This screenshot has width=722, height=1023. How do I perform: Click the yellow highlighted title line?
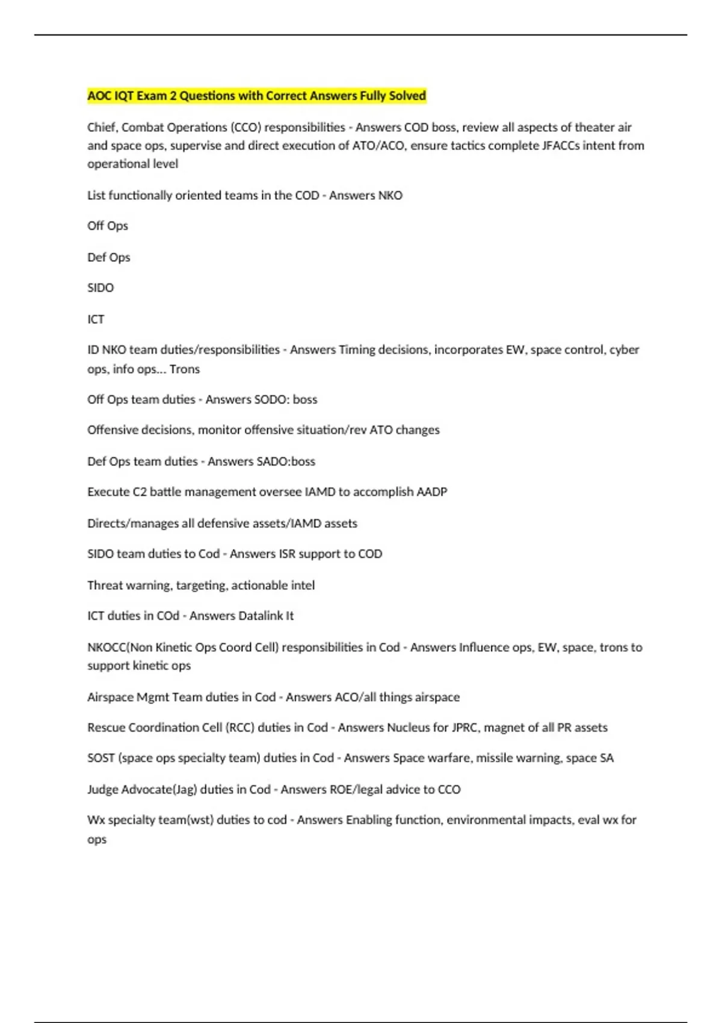[257, 96]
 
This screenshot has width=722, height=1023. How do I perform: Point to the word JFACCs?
[554, 146]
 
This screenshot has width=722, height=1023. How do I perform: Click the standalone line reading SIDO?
[100, 288]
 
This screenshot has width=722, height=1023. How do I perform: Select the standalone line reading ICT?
[96, 319]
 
